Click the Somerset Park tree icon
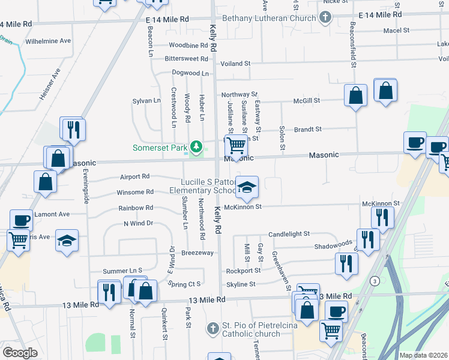point(195,146)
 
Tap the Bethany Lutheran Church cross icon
point(325,17)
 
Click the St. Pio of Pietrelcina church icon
point(212,329)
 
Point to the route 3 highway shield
point(376,280)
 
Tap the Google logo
point(20,353)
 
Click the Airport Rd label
point(134,177)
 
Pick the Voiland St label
point(235,63)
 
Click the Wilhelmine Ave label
point(48,41)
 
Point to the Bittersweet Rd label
point(186,59)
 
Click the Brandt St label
point(308,129)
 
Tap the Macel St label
point(396,30)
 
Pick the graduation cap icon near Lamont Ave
point(67,241)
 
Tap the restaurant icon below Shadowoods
point(346,263)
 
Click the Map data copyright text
point(423,355)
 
